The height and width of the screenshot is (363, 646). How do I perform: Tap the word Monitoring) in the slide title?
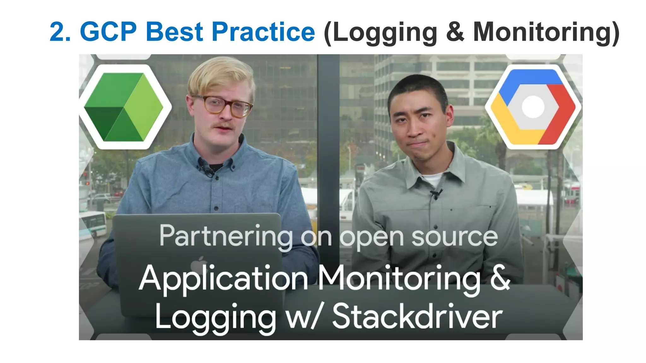click(546, 32)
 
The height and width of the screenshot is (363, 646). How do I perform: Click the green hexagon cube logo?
click(124, 107)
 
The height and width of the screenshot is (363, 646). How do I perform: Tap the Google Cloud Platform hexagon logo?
click(533, 107)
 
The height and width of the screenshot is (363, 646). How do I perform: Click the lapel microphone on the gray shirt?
click(436, 193)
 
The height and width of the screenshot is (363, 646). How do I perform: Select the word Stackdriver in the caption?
click(417, 316)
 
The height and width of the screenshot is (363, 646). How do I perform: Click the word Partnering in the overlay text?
click(226, 236)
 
